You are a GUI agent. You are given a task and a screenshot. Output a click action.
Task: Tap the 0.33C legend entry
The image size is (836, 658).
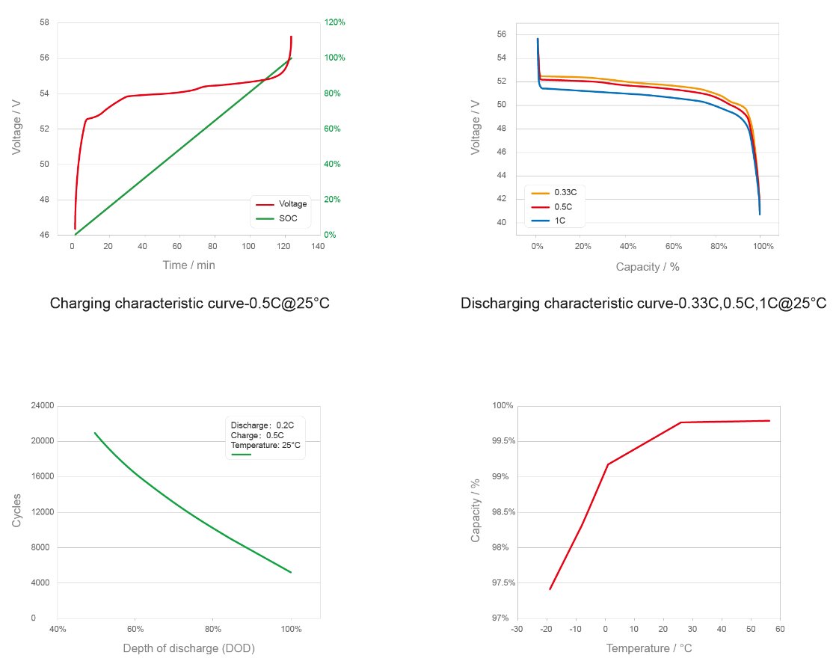tap(565, 192)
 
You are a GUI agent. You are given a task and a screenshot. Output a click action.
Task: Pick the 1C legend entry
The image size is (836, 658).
tap(559, 221)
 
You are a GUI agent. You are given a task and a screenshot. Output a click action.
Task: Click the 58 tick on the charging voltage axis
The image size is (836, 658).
tap(44, 22)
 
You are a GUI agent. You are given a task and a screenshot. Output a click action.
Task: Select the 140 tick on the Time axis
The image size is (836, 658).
tap(319, 246)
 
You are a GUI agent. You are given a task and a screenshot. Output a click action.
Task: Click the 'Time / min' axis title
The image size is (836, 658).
tap(188, 265)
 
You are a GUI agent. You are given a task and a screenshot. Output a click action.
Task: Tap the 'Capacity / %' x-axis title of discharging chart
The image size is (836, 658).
tap(648, 266)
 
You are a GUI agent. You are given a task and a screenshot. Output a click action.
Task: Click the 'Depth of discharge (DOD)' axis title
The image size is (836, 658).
tap(188, 648)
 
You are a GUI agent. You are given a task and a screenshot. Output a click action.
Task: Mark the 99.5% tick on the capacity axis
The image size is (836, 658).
tap(503, 441)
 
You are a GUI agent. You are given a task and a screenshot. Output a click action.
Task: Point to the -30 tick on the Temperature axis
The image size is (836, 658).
tap(517, 630)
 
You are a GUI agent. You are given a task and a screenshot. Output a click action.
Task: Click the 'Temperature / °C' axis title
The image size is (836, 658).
tap(648, 648)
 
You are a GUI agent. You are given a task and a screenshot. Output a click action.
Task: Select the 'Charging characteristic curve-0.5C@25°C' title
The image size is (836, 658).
tap(189, 304)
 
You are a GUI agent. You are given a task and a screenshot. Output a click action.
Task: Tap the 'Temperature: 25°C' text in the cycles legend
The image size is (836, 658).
tap(265, 445)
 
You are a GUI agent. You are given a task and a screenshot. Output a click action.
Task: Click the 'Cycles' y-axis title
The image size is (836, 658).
tap(17, 511)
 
